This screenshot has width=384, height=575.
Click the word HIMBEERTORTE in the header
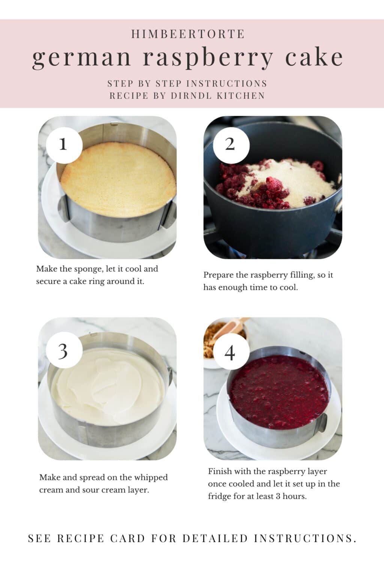pos(188,34)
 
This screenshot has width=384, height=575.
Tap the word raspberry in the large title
pos(208,58)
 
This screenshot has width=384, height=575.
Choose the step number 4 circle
pos(230,352)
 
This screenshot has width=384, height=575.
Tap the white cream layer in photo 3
pos(109,386)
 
